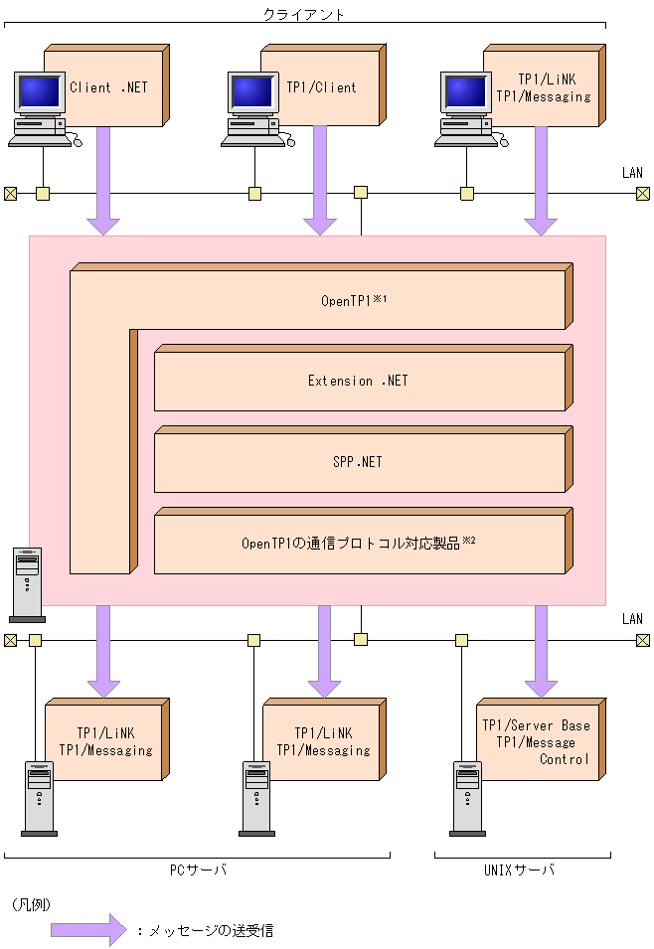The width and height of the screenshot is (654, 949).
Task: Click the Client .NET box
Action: click(108, 87)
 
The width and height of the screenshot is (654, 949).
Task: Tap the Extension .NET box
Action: click(358, 381)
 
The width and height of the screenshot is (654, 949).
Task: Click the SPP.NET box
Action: click(358, 462)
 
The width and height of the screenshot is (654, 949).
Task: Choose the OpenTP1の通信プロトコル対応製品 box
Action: click(358, 544)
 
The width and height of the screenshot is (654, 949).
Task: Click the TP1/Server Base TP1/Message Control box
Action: click(537, 742)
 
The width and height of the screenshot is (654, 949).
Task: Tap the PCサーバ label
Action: click(198, 870)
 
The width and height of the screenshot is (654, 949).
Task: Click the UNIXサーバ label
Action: click(523, 870)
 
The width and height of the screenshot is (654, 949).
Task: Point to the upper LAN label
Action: click(632, 173)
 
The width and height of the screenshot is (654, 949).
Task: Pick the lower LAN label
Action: click(632, 619)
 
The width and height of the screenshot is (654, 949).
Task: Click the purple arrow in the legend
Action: click(88, 930)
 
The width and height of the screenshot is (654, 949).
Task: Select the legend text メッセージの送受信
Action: click(210, 931)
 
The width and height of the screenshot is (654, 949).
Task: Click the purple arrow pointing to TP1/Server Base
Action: click(541, 651)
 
